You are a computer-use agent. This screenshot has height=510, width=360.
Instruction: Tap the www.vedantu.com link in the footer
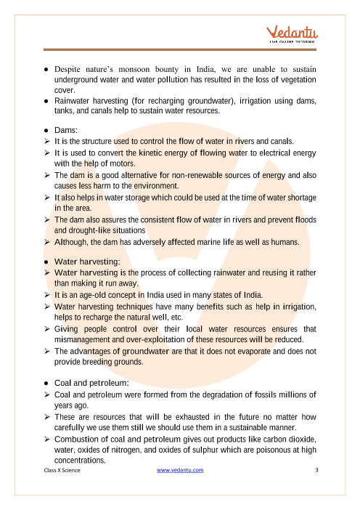(180, 470)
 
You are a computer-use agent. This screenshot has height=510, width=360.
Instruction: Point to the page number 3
(317, 470)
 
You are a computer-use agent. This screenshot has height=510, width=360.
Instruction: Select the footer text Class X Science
(62, 470)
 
